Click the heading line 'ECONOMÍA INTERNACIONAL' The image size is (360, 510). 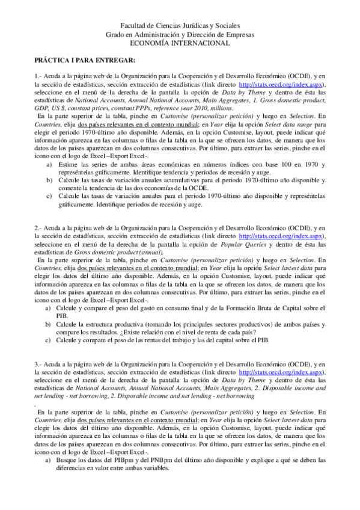pyautogui.click(x=180, y=43)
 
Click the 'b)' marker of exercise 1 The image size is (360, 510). pyautogui.click(x=49, y=180)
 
